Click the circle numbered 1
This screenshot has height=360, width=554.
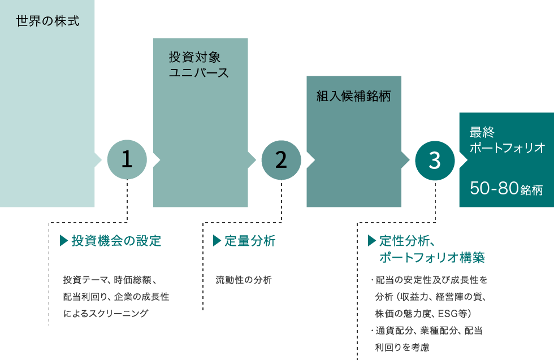click(x=127, y=160)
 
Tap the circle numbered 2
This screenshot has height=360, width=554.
click(x=282, y=160)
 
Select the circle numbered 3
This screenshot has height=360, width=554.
click(x=435, y=161)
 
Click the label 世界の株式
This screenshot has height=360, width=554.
click(x=47, y=21)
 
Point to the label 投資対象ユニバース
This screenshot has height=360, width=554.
click(x=198, y=64)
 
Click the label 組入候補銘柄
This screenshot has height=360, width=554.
click(x=354, y=96)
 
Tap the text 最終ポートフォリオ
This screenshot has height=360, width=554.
click(x=508, y=140)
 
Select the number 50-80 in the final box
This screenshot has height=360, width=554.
click(x=494, y=188)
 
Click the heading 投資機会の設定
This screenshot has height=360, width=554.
click(x=116, y=241)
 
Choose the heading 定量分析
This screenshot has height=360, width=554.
click(x=250, y=241)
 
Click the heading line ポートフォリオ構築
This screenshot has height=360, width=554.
click(x=432, y=257)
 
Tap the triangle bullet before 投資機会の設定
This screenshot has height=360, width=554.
click(x=64, y=241)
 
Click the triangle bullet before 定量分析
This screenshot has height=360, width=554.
click(x=217, y=241)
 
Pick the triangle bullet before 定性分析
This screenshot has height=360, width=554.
click(x=372, y=241)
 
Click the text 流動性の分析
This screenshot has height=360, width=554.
click(x=244, y=280)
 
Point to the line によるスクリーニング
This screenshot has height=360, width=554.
click(x=106, y=313)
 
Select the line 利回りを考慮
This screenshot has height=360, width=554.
click(x=402, y=347)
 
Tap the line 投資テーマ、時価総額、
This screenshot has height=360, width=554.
click(x=110, y=280)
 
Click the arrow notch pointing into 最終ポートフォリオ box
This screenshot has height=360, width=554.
click(x=464, y=160)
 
